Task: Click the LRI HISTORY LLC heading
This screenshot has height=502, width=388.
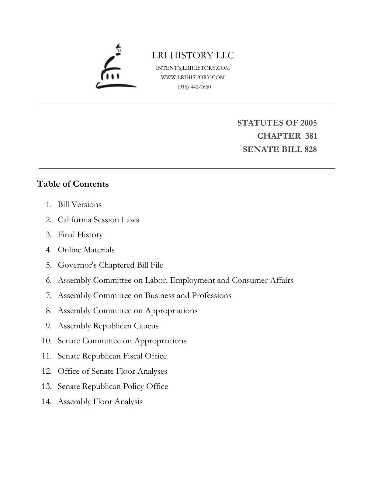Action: click(x=193, y=55)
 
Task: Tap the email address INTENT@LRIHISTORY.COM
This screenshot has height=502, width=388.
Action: click(x=193, y=68)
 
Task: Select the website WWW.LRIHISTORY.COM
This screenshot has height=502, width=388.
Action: click(x=193, y=77)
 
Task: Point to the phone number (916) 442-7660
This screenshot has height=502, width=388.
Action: click(x=194, y=87)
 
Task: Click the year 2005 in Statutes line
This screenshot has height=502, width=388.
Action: click(x=309, y=123)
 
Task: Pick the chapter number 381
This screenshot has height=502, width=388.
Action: click(x=311, y=136)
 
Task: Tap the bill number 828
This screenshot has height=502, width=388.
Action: click(x=310, y=149)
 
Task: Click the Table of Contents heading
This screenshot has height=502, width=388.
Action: click(x=73, y=184)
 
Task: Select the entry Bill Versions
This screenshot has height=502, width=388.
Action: click(x=80, y=204)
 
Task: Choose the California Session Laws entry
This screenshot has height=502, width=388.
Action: click(x=98, y=220)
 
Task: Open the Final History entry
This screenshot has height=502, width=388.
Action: click(x=80, y=235)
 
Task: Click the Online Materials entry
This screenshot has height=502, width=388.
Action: click(x=86, y=250)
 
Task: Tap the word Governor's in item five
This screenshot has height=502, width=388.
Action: click(x=77, y=265)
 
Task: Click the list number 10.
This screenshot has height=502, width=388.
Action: click(x=47, y=341)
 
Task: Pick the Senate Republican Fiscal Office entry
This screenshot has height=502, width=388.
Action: click(x=112, y=356)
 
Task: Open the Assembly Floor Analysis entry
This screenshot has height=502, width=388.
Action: click(x=100, y=402)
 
